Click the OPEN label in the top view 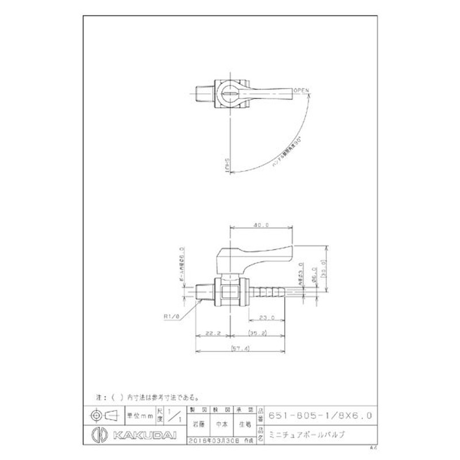301,91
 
